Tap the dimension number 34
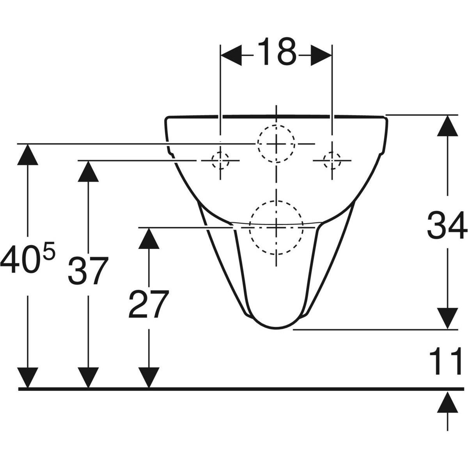pyautogui.click(x=447, y=225)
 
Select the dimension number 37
pyautogui.click(x=88, y=271)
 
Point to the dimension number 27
pyautogui.click(x=148, y=304)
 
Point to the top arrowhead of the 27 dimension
pyautogui.click(x=149, y=238)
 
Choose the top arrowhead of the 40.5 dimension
pyautogui.click(x=28, y=154)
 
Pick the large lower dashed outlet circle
pyautogui.click(x=276, y=201)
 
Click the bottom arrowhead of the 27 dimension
pyautogui.click(x=149, y=378)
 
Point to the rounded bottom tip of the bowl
pyautogui.click(x=276, y=329)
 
